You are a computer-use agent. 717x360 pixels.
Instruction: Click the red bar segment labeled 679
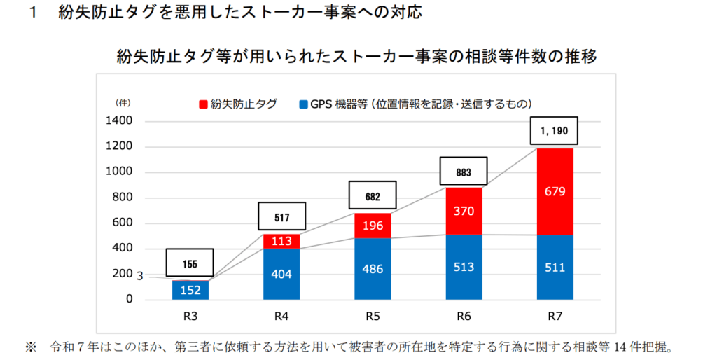(x=555, y=191)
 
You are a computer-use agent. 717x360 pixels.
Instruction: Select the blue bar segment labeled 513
(x=464, y=267)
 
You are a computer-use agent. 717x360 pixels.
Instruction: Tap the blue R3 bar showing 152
(x=190, y=289)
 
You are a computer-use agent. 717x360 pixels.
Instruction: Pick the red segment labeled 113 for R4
(x=281, y=242)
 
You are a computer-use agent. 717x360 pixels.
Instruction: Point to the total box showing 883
(x=464, y=172)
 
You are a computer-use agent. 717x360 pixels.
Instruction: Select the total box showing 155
(x=190, y=264)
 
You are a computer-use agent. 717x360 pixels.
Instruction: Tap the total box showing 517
(x=281, y=217)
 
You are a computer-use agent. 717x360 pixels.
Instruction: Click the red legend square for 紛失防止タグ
(x=203, y=104)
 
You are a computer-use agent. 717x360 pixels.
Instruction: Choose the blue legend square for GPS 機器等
(x=303, y=104)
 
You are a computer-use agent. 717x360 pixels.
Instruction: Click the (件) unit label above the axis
(x=123, y=102)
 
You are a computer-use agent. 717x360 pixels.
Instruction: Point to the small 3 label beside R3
(x=140, y=277)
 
